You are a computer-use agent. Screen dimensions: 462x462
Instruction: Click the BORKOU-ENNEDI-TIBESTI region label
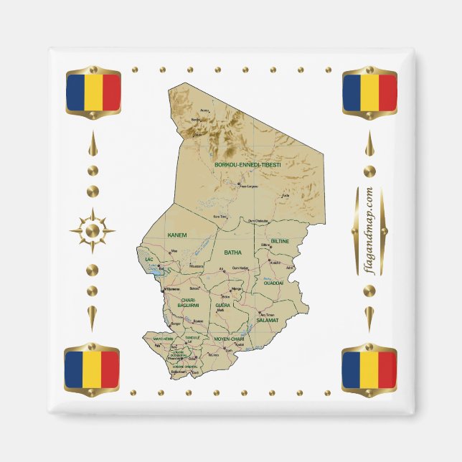[x=247, y=164]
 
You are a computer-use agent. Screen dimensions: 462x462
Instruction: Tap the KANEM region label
[x=176, y=235]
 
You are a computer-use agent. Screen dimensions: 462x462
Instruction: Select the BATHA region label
[x=233, y=253]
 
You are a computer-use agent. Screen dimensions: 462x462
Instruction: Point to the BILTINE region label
[x=280, y=241]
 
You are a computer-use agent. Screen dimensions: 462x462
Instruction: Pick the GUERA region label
[x=222, y=306]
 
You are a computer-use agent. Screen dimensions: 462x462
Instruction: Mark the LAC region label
[x=149, y=259]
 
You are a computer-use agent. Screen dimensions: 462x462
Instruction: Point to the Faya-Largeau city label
[x=248, y=187]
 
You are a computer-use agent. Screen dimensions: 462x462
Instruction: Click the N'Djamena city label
[x=172, y=289]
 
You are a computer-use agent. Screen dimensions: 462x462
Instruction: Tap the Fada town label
[x=286, y=195]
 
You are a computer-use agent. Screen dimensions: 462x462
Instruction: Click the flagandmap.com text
[x=369, y=230]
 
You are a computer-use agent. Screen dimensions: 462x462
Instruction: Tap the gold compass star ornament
[x=92, y=230]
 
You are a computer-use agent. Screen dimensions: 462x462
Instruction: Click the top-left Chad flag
[x=93, y=93]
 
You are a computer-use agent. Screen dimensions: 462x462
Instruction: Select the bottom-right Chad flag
[x=369, y=368]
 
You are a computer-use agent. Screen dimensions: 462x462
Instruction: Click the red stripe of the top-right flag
[x=387, y=93]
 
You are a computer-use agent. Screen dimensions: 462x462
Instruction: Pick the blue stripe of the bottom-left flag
[x=75, y=368]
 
